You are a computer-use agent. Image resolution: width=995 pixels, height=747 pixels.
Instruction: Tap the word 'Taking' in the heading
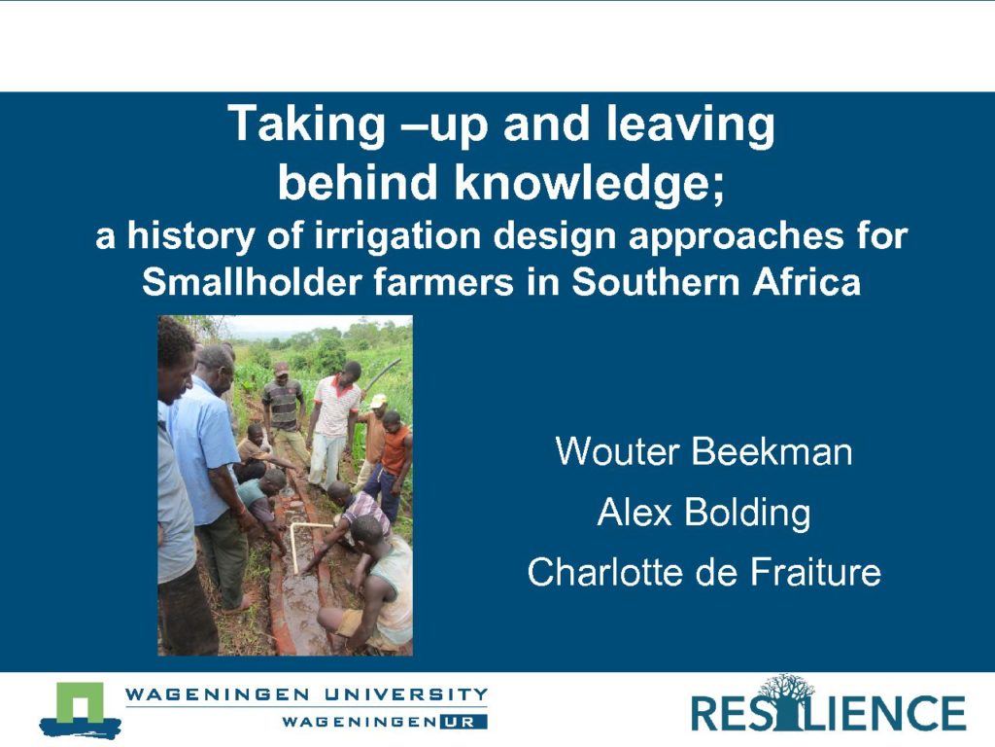tap(307, 124)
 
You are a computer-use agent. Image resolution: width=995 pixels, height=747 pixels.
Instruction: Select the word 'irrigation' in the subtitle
tap(397, 237)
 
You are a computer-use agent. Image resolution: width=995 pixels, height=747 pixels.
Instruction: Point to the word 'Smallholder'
tap(252, 282)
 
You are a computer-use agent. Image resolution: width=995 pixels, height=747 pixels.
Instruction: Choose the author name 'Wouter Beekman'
tap(703, 451)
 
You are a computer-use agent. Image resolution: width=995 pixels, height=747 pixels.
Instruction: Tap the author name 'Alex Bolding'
tap(703, 513)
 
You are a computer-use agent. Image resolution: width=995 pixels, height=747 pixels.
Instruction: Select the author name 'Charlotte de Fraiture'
tap(703, 572)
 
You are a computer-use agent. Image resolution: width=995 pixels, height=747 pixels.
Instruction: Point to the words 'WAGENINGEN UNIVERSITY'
tap(306, 694)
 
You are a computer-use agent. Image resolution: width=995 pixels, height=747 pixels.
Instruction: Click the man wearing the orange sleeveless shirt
tap(391, 464)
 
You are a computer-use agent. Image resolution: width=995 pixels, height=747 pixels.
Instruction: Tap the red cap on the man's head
tap(281, 368)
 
